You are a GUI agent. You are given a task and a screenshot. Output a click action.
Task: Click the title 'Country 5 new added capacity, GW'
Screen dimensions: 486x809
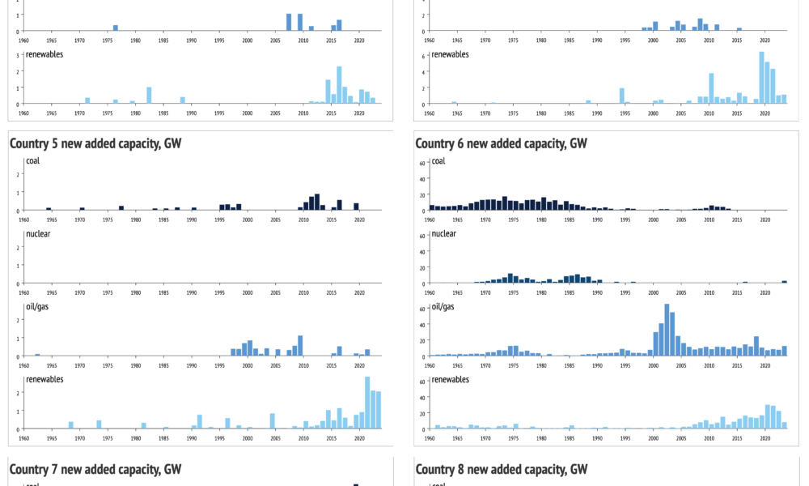point(95,143)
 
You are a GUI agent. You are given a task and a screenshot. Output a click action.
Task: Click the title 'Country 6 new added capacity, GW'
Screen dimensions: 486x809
point(501,143)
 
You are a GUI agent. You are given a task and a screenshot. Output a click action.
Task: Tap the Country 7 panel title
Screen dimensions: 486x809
point(95,469)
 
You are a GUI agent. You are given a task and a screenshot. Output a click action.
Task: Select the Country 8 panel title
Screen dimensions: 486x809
point(501,469)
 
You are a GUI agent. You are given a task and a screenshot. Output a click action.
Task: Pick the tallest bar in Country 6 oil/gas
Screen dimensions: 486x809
point(667,330)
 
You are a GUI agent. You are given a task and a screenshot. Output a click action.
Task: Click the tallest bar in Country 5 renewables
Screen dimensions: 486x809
point(367,403)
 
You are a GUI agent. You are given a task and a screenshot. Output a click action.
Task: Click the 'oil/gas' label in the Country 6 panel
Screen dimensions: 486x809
point(444,306)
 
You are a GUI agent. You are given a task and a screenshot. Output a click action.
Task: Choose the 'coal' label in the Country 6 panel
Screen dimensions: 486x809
point(438,160)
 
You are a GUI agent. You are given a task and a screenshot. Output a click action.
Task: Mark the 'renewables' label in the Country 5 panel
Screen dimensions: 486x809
point(44,379)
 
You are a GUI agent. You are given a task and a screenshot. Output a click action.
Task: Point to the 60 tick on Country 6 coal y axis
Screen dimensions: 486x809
point(421,163)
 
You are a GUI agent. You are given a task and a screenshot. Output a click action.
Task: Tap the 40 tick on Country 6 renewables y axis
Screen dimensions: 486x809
point(421,397)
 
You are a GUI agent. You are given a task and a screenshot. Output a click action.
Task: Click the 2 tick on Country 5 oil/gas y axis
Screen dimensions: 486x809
point(19,320)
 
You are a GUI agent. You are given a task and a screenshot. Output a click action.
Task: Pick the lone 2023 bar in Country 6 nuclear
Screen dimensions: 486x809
point(784,282)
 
